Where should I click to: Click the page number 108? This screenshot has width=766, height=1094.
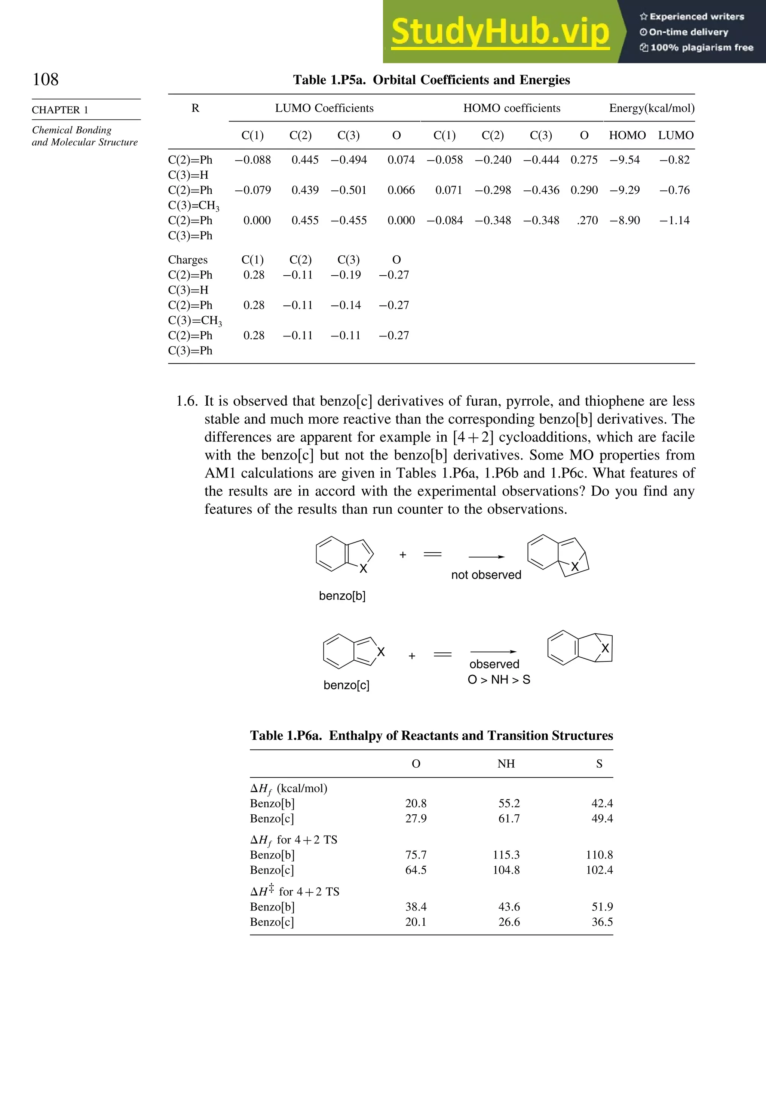pos(45,79)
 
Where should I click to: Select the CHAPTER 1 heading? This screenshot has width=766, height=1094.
pos(60,110)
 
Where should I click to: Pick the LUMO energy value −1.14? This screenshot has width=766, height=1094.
pos(674,221)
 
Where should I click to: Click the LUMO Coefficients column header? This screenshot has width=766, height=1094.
pos(324,108)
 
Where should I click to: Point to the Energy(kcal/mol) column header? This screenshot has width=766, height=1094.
pos(652,108)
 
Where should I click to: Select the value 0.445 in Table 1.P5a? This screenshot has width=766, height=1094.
pos(305,160)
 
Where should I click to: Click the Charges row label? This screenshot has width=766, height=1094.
pos(188,260)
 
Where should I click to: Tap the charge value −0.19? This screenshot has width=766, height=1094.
pos(346,275)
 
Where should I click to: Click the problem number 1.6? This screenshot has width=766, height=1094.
pos(187,401)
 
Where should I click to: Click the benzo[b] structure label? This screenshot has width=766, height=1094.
pos(342,596)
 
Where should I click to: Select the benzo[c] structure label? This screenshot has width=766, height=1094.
pos(347,685)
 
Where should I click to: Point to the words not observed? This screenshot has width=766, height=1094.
pos(486,575)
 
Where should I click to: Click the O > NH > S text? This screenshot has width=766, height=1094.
pos(499,679)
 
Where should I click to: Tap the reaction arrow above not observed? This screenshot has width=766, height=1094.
pos(486,556)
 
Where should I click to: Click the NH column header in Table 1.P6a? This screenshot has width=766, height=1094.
pos(506,764)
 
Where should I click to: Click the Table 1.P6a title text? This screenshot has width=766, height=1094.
pos(431,736)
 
